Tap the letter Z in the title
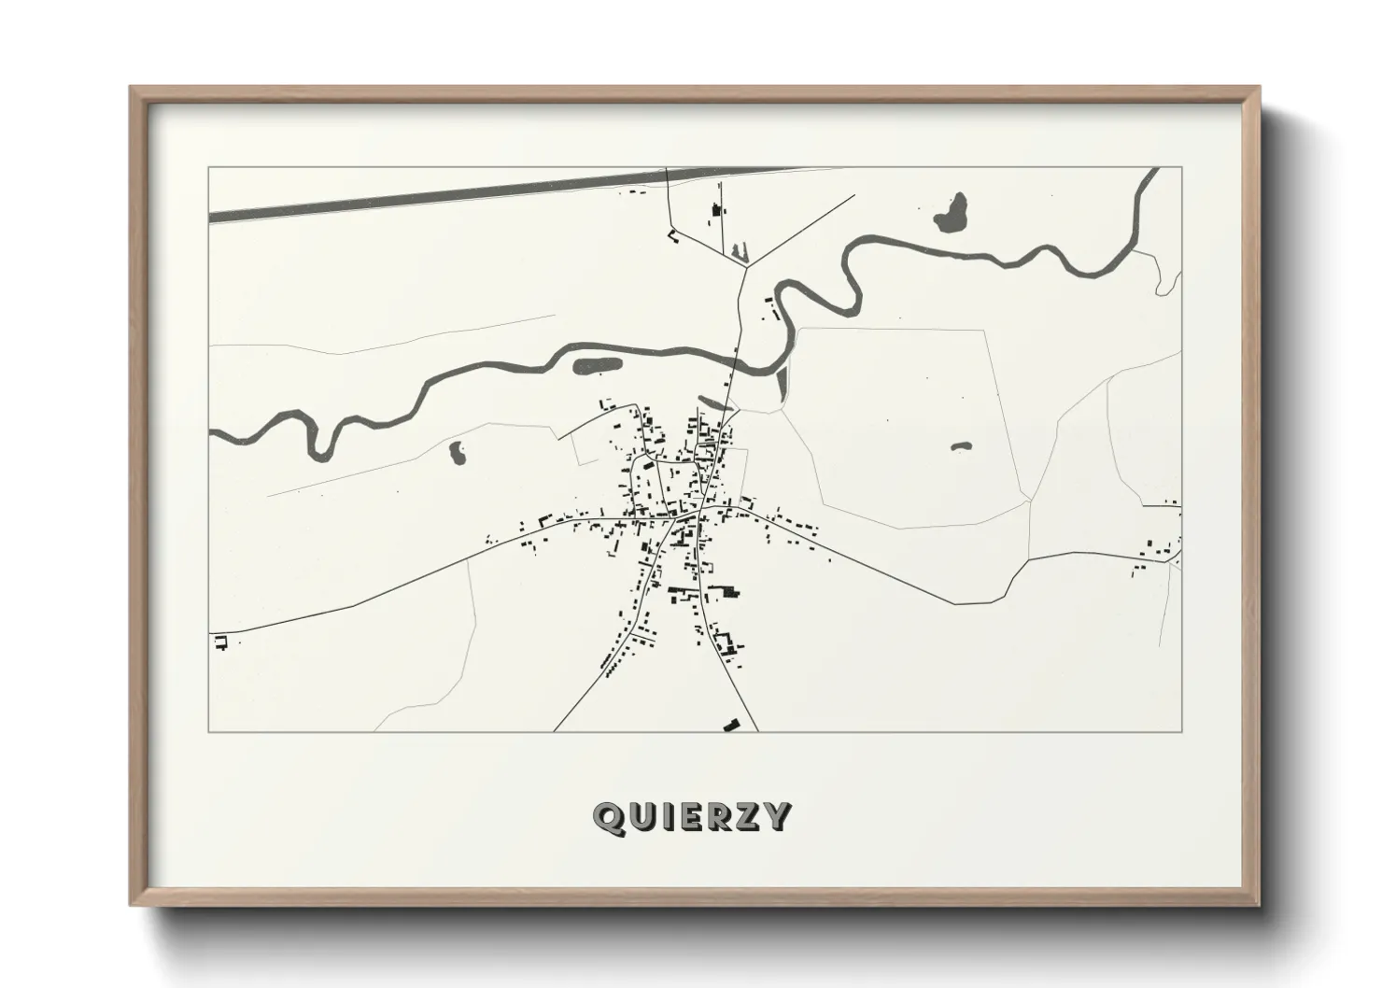[748, 817]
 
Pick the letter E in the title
[689, 817]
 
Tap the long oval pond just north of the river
[596, 366]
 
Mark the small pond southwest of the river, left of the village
[458, 453]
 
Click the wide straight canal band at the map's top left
[420, 198]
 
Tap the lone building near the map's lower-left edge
[221, 642]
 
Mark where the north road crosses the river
[737, 358]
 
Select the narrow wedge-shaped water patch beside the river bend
[783, 381]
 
